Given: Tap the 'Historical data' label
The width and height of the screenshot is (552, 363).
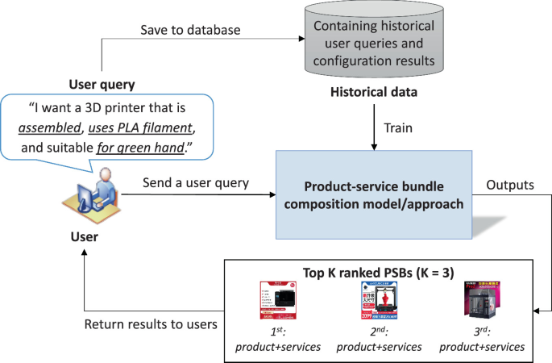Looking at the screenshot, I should click(375, 93).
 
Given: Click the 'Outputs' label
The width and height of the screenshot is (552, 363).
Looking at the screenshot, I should click(508, 184).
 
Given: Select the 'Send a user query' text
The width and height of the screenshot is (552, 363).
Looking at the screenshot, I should click(195, 183).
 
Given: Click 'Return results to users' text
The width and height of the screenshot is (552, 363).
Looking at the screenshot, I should click(150, 323).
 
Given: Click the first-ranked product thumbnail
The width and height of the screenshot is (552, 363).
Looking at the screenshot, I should click(279, 302).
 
